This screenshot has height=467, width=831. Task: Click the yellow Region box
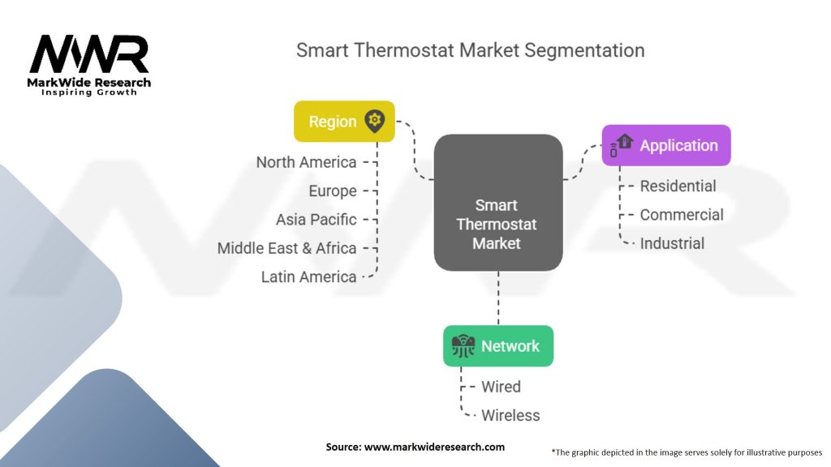tap(344, 122)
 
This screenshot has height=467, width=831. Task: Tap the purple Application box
tap(665, 146)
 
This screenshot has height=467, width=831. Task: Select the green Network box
tap(497, 346)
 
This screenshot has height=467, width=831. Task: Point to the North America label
tap(306, 162)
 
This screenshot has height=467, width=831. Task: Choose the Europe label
tap(333, 191)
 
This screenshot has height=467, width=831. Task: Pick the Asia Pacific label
tap(316, 220)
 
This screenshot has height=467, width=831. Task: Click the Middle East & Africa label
tap(286, 248)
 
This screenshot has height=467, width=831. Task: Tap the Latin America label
tap(308, 277)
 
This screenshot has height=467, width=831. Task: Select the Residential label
tap(678, 186)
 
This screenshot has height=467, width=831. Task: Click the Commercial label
tap(682, 215)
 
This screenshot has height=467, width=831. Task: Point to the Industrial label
tap(672, 243)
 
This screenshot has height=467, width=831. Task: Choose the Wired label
tap(501, 387)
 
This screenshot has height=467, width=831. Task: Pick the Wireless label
tap(510, 415)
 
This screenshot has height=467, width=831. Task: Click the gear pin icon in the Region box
tap(374, 122)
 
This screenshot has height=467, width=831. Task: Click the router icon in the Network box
tap(463, 346)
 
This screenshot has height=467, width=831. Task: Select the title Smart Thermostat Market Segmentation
tap(470, 50)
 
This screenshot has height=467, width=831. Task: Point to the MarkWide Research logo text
tap(89, 83)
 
